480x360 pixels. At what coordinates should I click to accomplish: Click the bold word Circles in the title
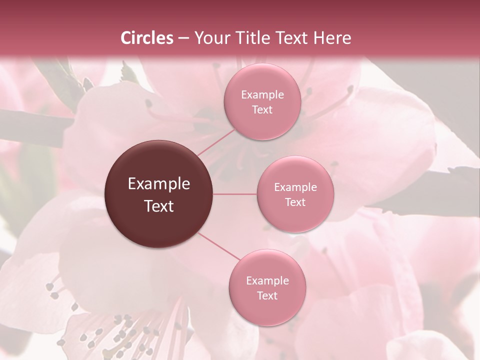(147, 38)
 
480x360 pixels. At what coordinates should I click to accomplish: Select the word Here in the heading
(332, 38)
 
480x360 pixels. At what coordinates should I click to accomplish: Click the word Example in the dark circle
(159, 184)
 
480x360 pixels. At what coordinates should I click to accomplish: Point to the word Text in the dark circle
(159, 206)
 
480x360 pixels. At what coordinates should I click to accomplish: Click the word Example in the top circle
(262, 95)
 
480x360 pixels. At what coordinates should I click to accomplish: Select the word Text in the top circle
(262, 110)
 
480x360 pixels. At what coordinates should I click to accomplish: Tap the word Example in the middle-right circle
(295, 187)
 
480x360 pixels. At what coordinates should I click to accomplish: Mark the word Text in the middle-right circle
(295, 202)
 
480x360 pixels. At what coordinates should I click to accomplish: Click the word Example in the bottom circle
(267, 281)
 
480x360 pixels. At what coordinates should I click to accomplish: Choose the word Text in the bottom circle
(267, 296)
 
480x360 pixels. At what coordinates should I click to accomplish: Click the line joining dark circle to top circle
(215, 142)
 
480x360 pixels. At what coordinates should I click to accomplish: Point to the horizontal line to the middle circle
(235, 194)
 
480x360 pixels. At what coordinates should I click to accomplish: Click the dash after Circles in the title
(183, 38)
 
